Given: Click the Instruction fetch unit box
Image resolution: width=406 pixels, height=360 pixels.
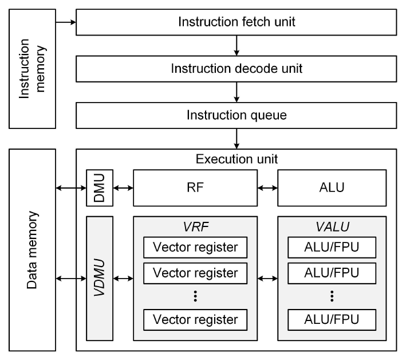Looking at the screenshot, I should [236, 23].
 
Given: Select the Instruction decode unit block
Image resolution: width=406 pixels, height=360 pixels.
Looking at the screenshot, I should [236, 69].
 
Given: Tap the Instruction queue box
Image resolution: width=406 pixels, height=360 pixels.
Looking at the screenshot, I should [236, 115].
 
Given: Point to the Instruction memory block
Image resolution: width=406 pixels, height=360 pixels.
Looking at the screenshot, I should [32, 69].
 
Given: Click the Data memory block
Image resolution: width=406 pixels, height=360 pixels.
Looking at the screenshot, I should [32, 250].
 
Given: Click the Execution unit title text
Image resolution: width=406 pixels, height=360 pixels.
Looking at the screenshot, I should [236, 158].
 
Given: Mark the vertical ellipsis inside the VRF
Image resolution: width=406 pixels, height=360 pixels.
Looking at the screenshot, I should [195, 296].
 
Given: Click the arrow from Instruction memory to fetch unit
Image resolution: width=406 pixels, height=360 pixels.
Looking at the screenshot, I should [66, 23].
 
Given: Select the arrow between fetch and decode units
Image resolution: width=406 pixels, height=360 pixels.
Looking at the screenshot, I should [236, 46].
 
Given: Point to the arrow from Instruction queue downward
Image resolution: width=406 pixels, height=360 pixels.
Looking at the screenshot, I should [236, 138].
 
